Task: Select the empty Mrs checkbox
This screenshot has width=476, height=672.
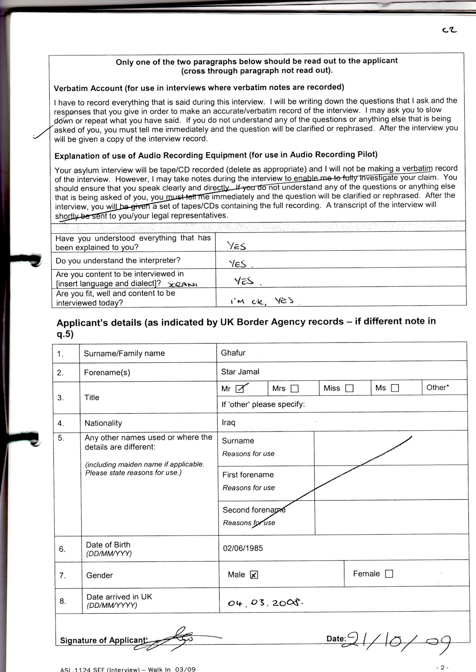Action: tap(295, 388)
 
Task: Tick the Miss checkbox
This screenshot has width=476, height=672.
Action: tap(349, 388)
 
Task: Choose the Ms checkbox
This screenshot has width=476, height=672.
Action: tap(395, 388)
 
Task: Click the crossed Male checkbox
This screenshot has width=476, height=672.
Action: tap(254, 575)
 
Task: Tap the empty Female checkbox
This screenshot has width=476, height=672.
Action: tap(389, 574)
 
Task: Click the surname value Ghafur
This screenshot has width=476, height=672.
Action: tap(233, 353)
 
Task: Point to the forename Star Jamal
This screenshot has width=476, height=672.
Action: tap(240, 372)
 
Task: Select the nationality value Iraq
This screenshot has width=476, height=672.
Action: tap(228, 423)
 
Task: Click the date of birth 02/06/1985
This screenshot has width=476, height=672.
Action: tap(243, 548)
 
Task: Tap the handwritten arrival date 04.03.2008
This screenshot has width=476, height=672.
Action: tap(265, 603)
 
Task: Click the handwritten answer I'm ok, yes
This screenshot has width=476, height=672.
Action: tap(261, 301)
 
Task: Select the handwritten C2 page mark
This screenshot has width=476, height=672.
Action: tap(450, 30)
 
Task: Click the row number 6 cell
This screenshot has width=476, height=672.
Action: tap(62, 549)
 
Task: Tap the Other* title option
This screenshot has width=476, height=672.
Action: tap(437, 388)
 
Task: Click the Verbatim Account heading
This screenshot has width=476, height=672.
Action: tap(198, 87)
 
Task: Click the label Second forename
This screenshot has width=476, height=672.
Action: tap(254, 510)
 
